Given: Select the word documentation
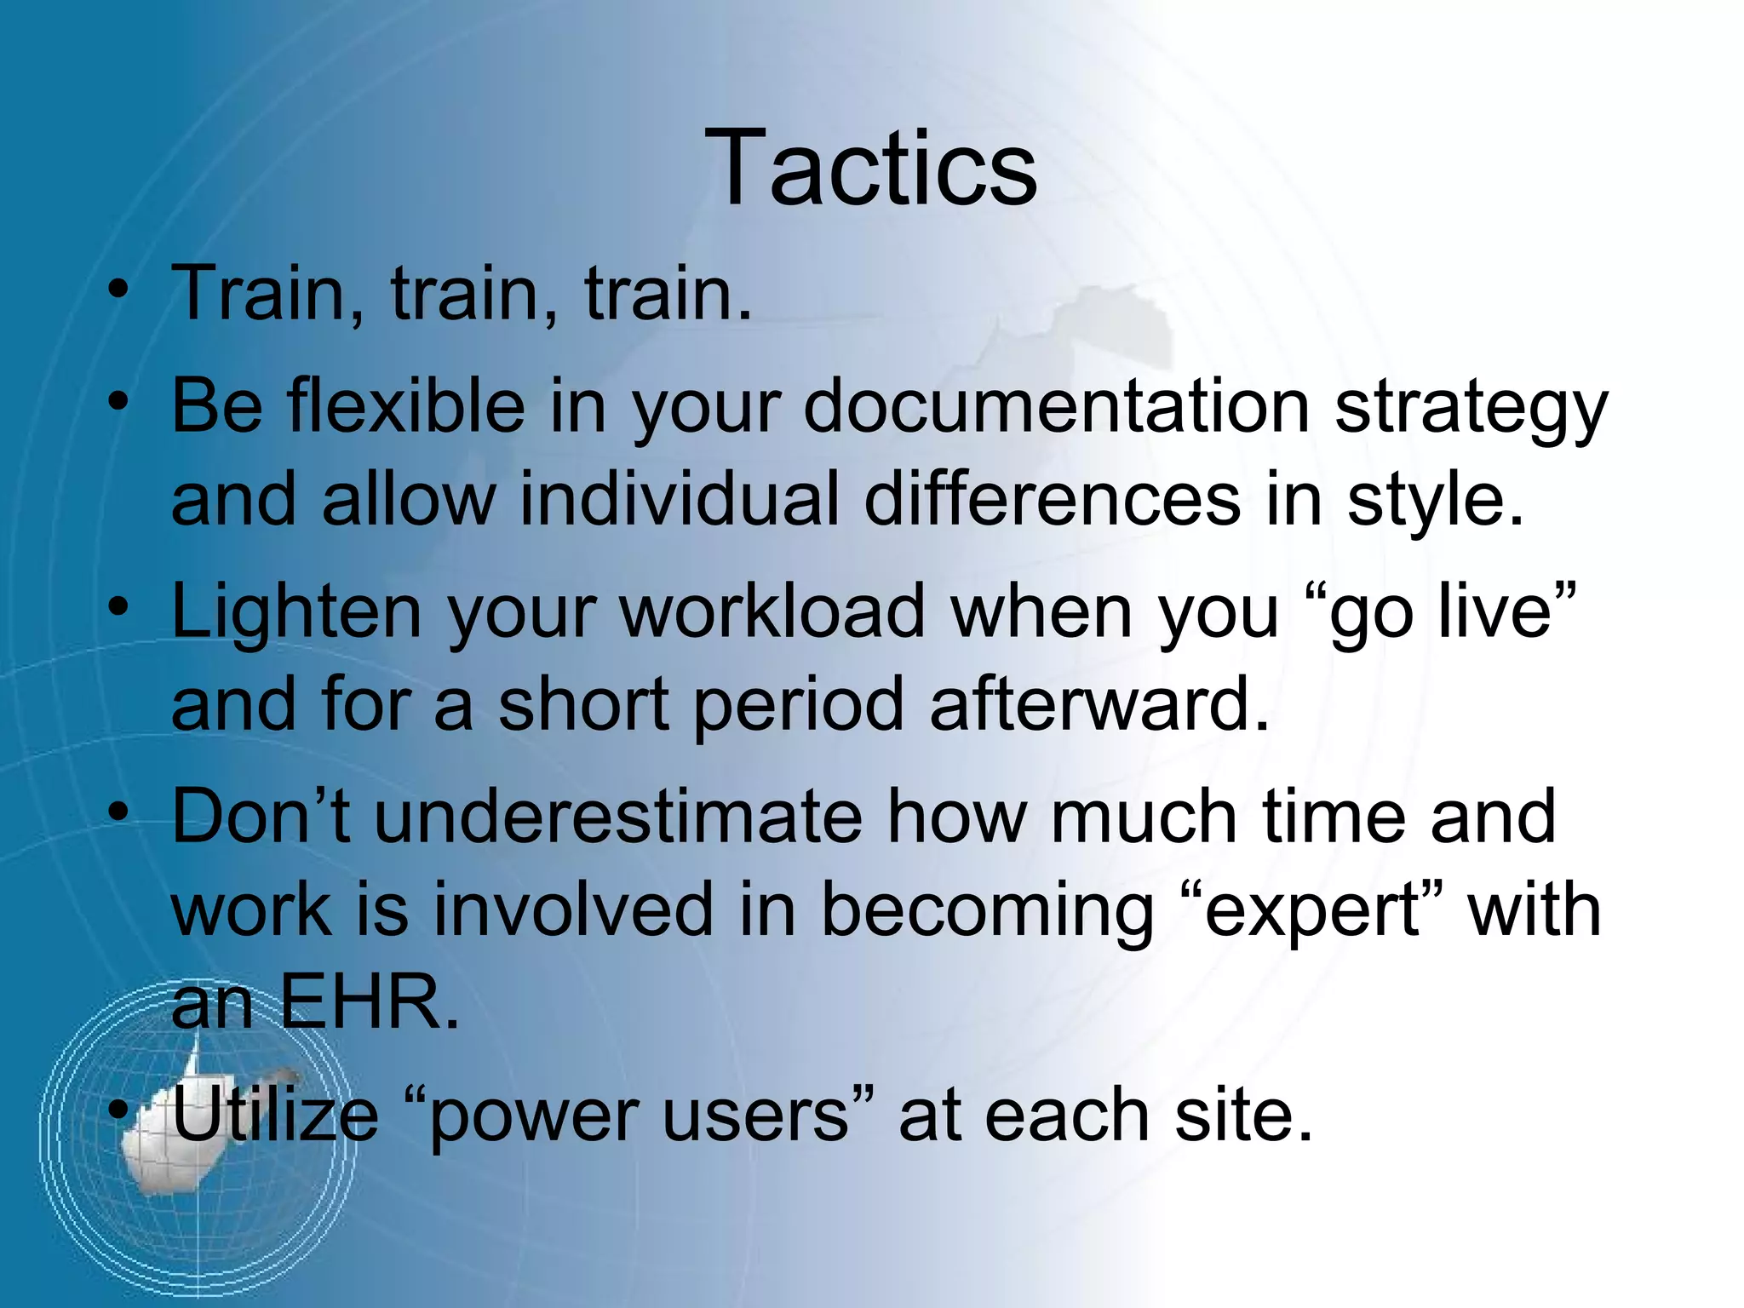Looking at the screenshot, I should [x=1056, y=406].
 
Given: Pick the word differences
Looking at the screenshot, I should [x=1052, y=499].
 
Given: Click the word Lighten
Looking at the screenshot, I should [x=296, y=613].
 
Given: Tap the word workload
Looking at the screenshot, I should [x=772, y=611].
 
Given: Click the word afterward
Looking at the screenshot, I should [x=1099, y=704].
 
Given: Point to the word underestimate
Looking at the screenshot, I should [x=618, y=817].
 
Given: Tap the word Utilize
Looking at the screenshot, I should [x=275, y=1115].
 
